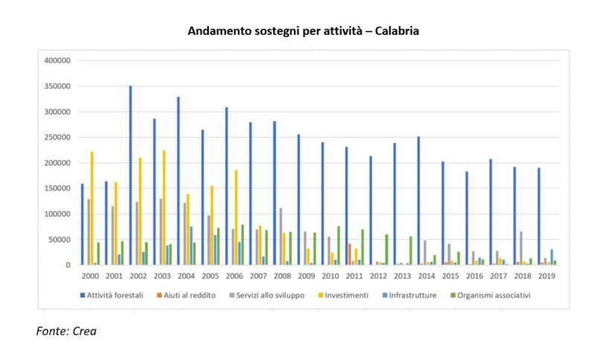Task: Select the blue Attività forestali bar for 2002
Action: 130,176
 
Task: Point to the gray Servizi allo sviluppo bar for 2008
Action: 281,237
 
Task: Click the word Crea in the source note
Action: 84,331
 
